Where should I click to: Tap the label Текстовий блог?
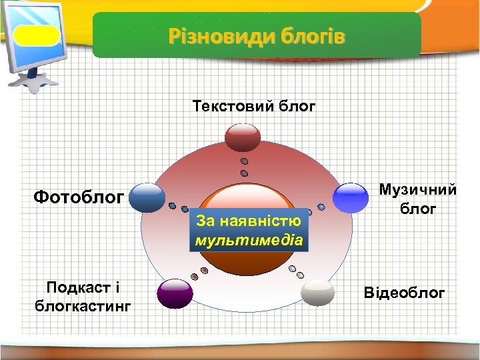coord(253,106)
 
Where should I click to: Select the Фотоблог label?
coord(79,197)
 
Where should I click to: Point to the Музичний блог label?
coord(418,199)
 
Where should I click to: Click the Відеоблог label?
coord(404,293)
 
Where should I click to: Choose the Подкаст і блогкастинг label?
coord(82,296)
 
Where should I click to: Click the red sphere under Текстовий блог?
coord(242,137)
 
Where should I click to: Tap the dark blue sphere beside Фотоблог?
coord(147,197)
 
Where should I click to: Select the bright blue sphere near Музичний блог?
coord(351,197)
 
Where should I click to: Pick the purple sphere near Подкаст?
coord(175,293)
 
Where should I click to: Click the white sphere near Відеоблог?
coord(317,293)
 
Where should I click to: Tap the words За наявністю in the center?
coord(249,220)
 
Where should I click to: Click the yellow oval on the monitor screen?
coord(37,35)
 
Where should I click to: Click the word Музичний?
coord(418,190)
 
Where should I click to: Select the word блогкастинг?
coord(82,306)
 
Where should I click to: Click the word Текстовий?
coord(231,106)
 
